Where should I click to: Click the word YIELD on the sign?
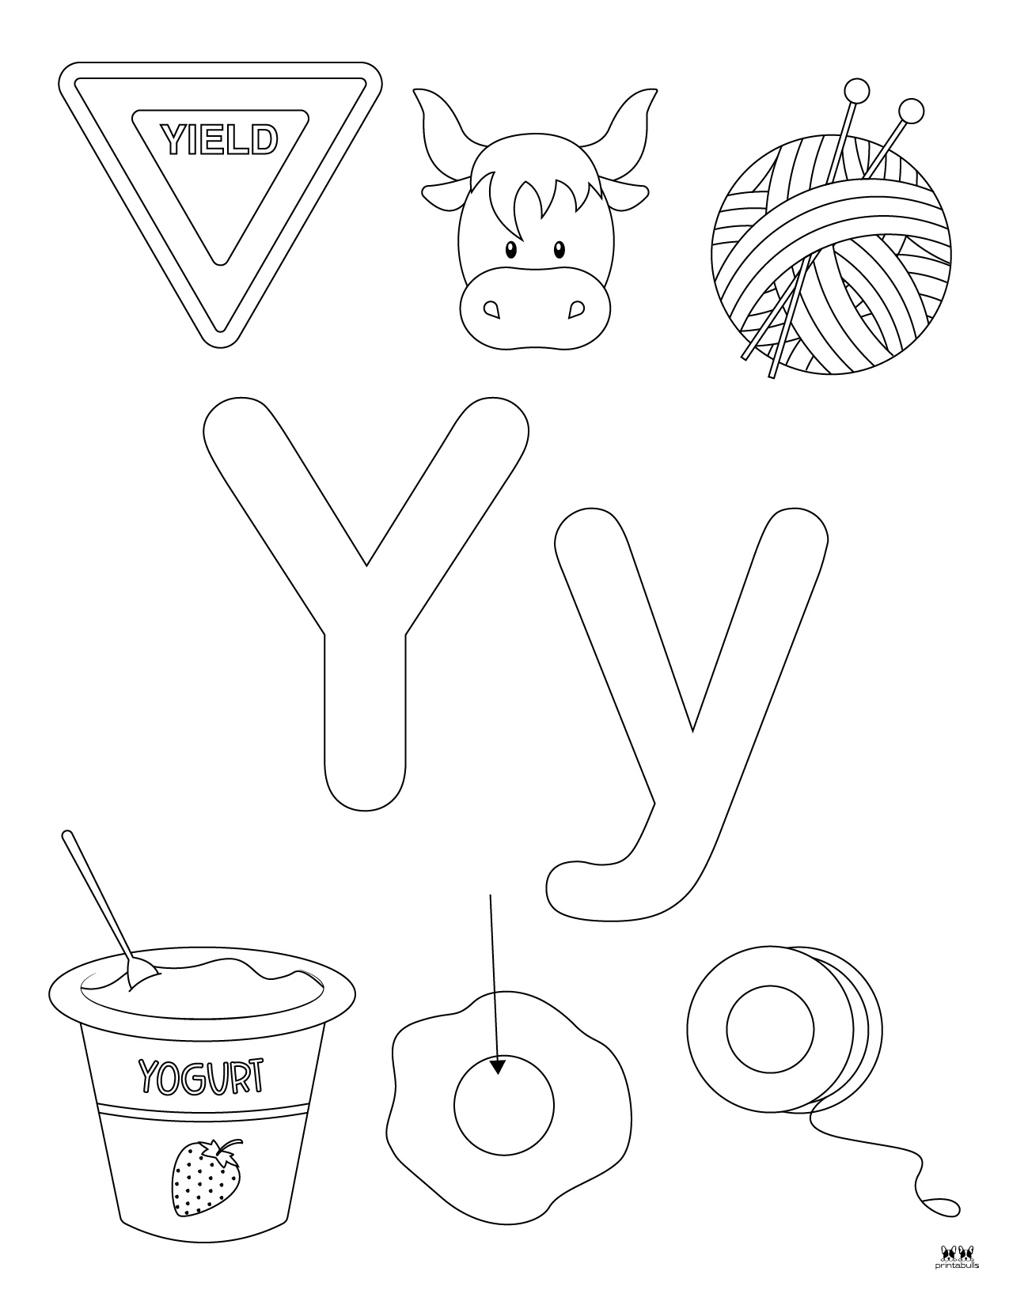220,140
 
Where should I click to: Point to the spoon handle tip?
68,837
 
